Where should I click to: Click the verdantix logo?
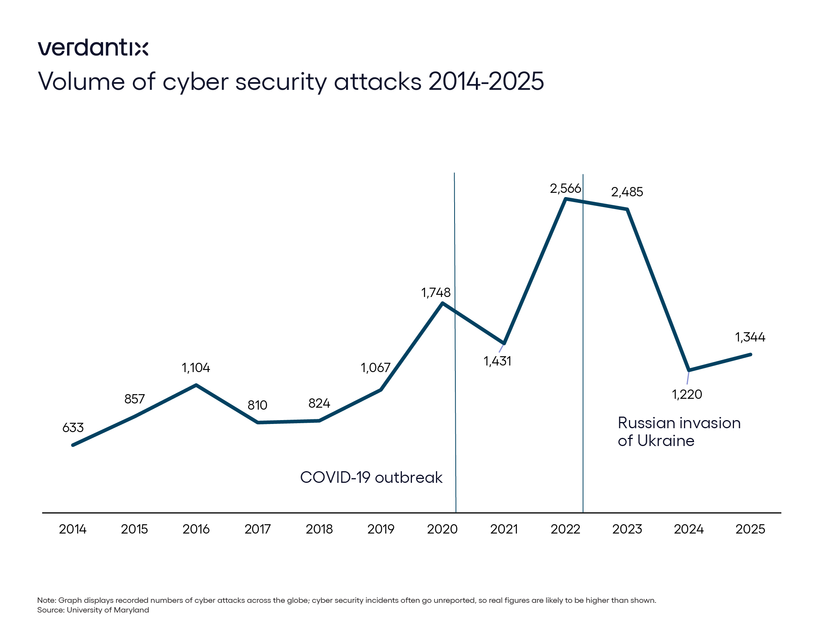tap(93, 48)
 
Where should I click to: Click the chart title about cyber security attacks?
tap(291, 82)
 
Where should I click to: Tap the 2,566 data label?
tap(565, 189)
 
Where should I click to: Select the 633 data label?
tap(73, 428)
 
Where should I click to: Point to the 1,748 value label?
tap(436, 293)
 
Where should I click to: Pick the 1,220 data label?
tap(687, 395)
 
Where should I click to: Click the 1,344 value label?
tap(750, 337)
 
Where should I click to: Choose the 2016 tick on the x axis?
tap(196, 529)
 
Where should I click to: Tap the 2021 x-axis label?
tap(504, 529)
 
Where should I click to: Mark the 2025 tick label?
tap(750, 529)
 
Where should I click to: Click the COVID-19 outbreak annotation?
tap(371, 477)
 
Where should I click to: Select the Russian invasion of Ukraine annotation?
tap(679, 432)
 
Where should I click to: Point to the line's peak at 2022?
tap(566, 199)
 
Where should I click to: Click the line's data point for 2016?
tap(196, 385)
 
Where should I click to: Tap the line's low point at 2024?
tap(689, 371)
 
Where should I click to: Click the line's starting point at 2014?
tap(73, 445)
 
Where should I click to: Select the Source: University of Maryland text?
tap(93, 610)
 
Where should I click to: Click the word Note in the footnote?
tap(46, 601)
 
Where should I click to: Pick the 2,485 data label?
tap(627, 192)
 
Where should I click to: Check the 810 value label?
tap(257, 405)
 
